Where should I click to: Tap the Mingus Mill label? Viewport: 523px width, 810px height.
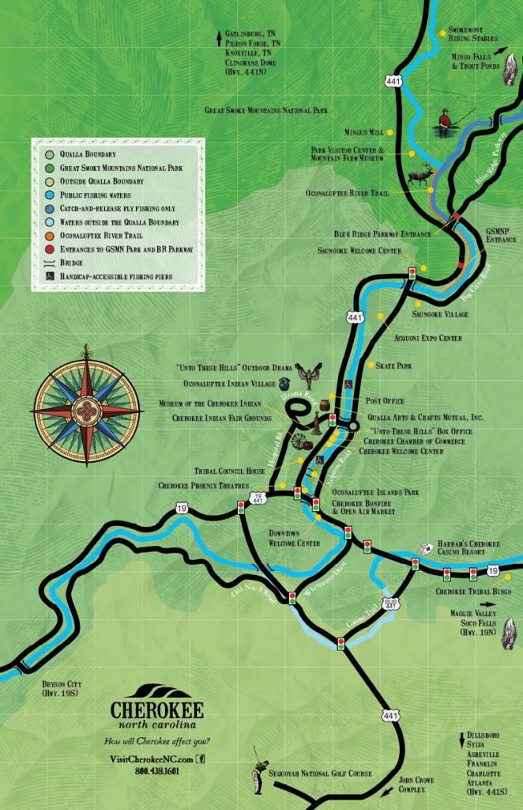[x=363, y=132]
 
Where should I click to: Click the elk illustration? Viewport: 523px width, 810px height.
[x=420, y=174]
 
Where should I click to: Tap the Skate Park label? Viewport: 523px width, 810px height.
[x=394, y=366]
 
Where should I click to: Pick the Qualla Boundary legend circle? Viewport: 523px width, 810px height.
[x=50, y=154]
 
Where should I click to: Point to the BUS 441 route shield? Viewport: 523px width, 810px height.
[x=390, y=604]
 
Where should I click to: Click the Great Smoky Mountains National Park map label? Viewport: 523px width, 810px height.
[x=265, y=111]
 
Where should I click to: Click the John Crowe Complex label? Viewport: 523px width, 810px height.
[x=416, y=784]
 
